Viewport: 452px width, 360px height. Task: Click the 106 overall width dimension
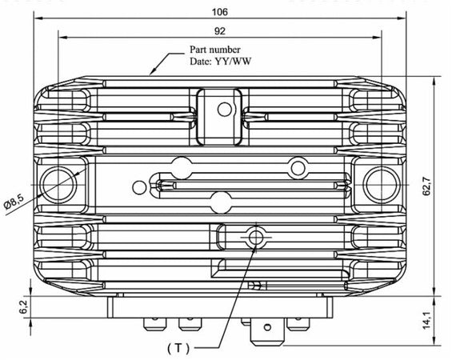click(x=221, y=12)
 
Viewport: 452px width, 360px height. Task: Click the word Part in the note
click(x=200, y=50)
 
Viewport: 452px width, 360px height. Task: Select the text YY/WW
click(x=232, y=61)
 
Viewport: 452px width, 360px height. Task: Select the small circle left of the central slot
click(x=141, y=187)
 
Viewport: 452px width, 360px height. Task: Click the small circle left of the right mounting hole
click(x=298, y=167)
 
